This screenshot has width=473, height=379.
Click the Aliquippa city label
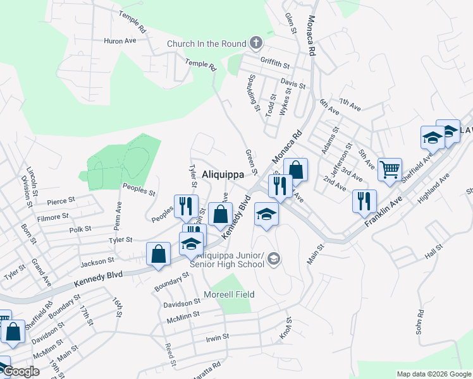pos(223,174)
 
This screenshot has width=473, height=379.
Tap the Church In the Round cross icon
pos(255,44)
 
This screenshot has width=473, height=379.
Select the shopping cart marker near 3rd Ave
pos(390,169)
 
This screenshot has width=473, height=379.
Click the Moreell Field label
pos(229,294)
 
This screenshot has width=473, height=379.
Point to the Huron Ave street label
pos(121,40)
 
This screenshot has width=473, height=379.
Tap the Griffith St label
pos(274,63)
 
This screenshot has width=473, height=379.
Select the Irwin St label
pos(217,338)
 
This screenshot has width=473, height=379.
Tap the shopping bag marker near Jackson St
pos(158,254)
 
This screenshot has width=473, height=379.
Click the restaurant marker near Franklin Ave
pos(364,201)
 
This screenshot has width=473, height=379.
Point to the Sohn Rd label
pos(419,322)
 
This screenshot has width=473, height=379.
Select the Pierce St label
pos(61,200)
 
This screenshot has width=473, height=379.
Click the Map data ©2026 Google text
pos(434,374)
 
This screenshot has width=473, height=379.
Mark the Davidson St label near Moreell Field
pos(181,304)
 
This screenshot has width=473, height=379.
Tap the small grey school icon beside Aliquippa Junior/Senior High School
pos(273,258)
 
